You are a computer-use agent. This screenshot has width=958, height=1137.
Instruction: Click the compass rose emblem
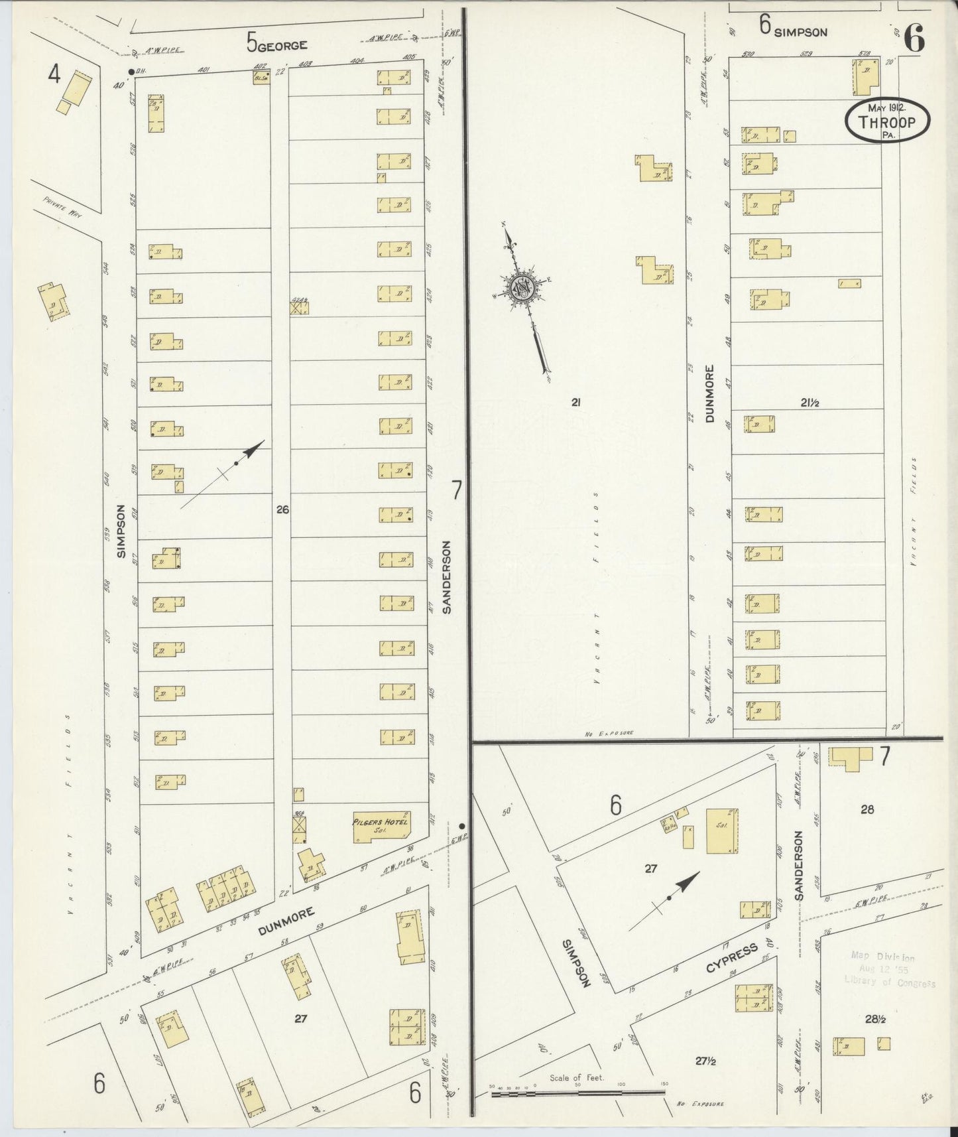pyautogui.click(x=522, y=288)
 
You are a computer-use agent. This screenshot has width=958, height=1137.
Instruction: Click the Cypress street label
pyautogui.click(x=741, y=958)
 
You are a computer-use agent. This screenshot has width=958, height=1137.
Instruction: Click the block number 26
pyautogui.click(x=283, y=509)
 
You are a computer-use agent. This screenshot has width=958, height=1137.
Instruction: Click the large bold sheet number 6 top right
pyautogui.click(x=914, y=40)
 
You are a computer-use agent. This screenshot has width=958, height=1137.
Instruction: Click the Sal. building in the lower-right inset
pyautogui.click(x=722, y=831)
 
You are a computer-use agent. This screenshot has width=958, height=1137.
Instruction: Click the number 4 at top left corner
pyautogui.click(x=54, y=76)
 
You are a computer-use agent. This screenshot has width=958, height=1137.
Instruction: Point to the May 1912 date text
pyautogui.click(x=886, y=107)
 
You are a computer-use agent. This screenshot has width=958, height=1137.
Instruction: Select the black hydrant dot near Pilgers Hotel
pyautogui.click(x=462, y=826)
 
